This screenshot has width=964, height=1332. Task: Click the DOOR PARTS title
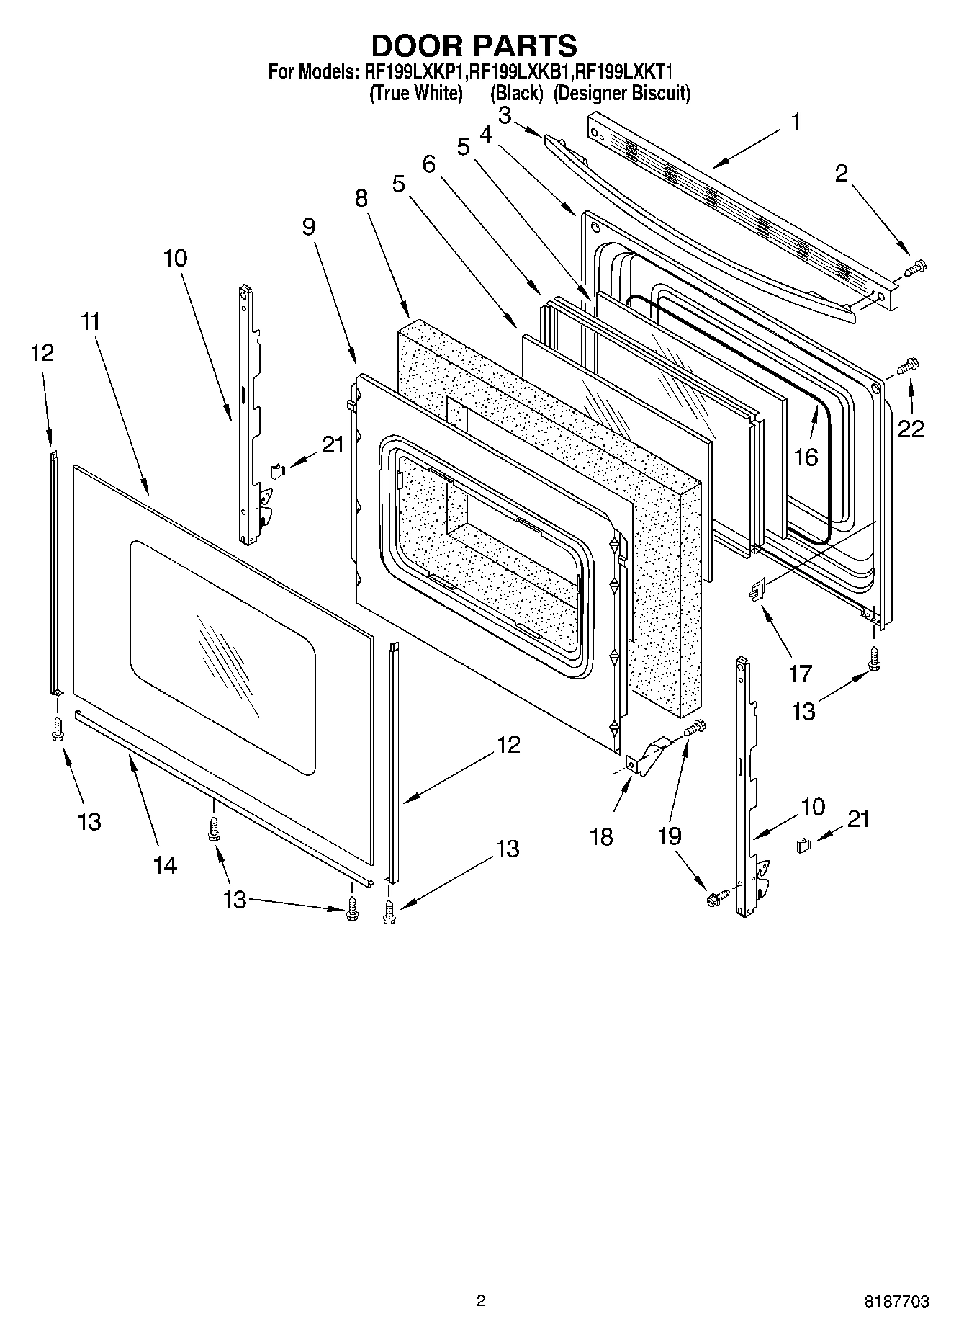474,45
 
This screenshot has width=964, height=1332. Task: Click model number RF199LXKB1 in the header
520,72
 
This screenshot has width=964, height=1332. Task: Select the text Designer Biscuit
621,94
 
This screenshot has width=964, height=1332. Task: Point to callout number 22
911,429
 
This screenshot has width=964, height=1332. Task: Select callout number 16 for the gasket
806,457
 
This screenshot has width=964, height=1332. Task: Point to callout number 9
309,227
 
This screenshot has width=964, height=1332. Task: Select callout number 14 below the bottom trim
165,864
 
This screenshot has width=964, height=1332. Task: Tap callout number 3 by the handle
505,115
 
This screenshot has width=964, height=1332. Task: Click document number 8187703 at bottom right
896,1302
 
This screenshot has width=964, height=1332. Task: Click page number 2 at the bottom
481,1301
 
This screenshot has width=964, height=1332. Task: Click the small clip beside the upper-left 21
277,471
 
